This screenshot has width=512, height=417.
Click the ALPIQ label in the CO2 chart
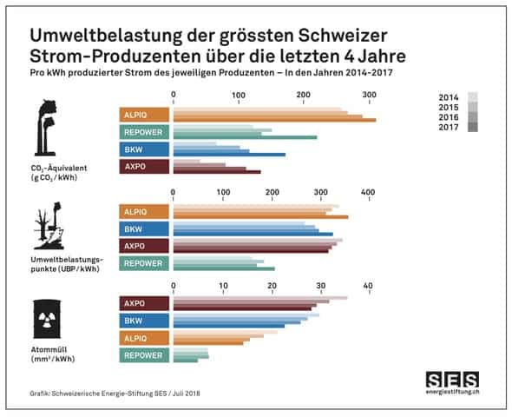point(144,115)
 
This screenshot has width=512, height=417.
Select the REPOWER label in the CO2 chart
point(144,132)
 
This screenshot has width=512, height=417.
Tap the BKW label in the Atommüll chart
point(144,321)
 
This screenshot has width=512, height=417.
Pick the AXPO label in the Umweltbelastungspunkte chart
point(144,246)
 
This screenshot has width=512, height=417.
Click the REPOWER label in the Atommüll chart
point(144,355)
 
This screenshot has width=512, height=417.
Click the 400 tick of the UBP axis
point(367,192)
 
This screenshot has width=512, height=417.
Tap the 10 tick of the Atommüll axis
point(223,286)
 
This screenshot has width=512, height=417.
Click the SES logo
point(451,379)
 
